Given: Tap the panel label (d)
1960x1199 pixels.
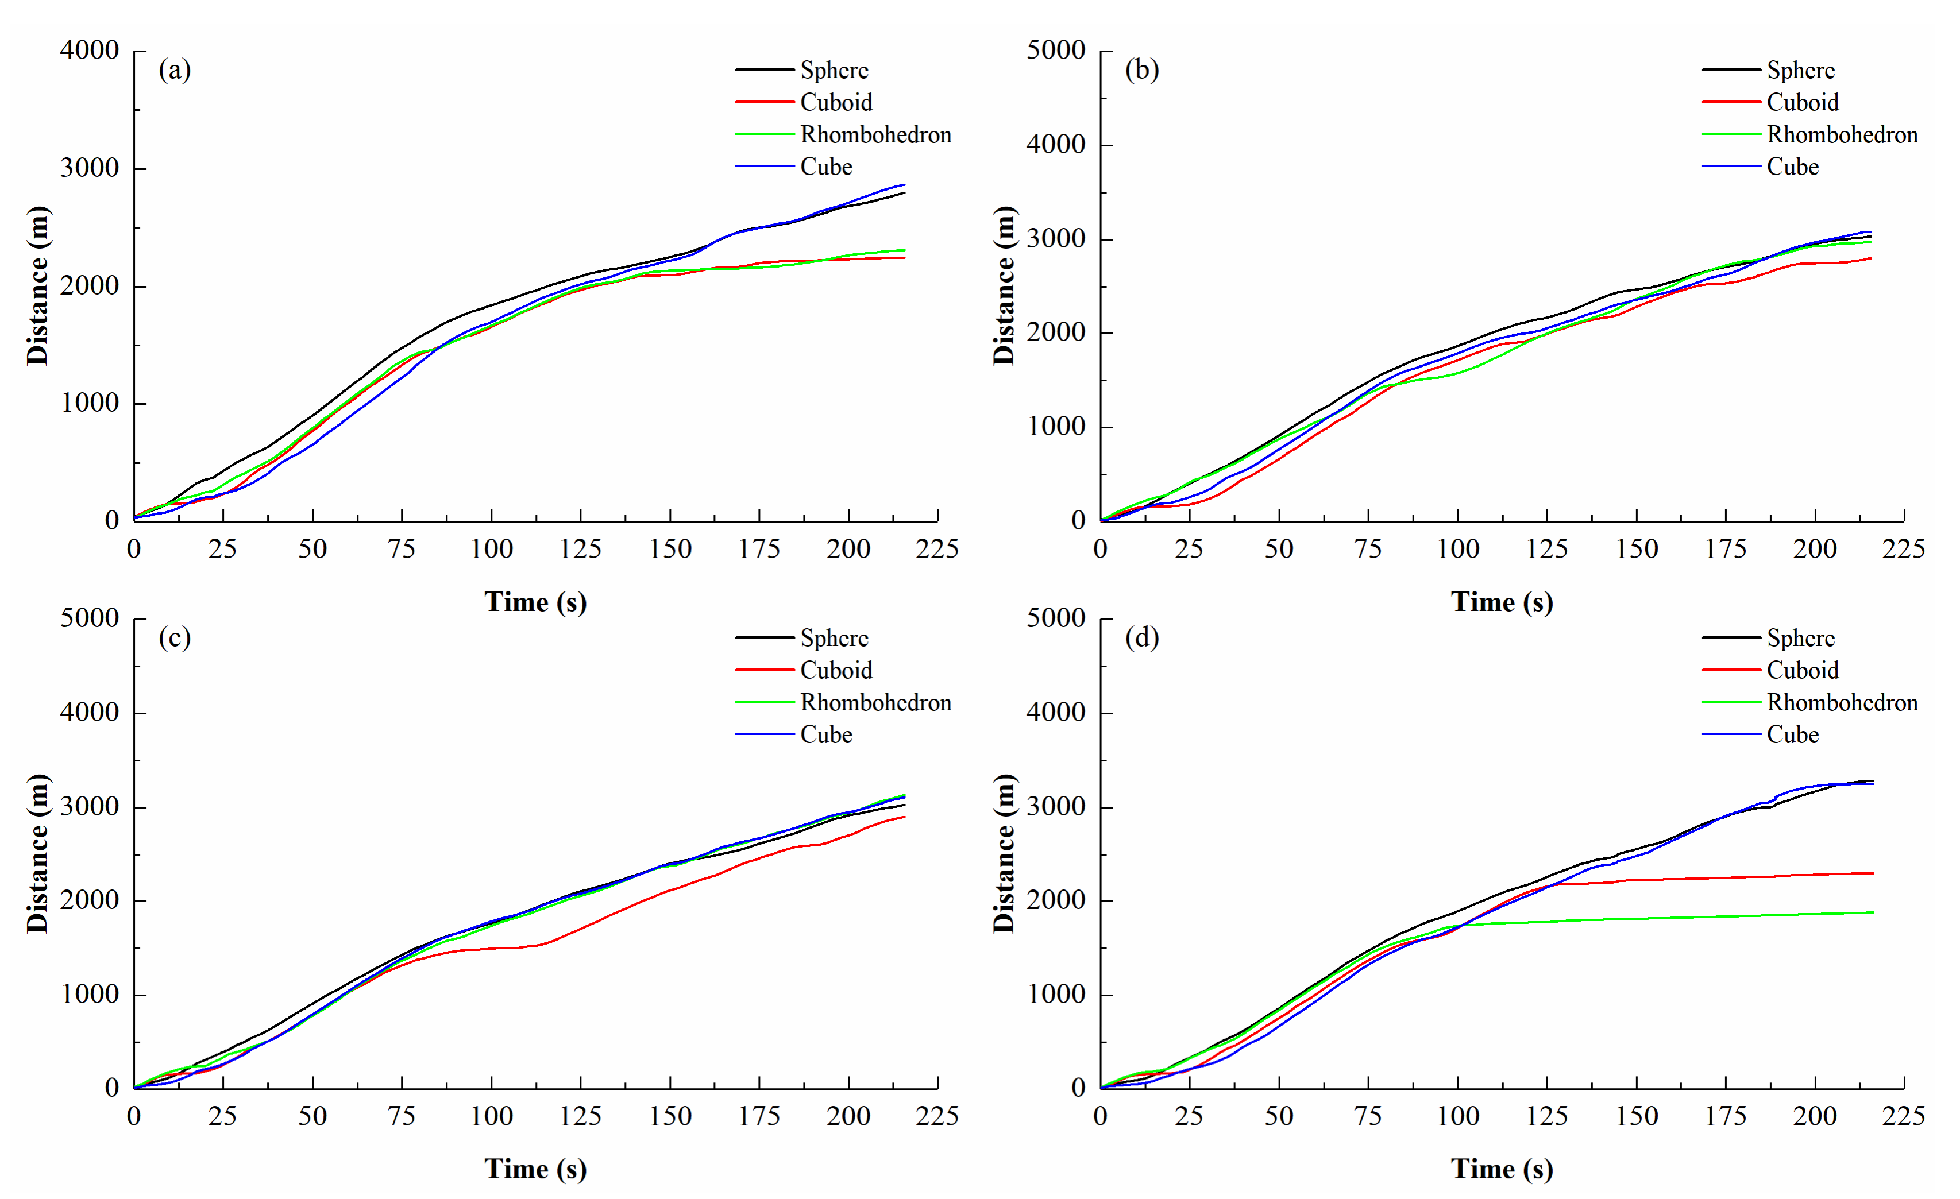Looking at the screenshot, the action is [x=1141, y=637].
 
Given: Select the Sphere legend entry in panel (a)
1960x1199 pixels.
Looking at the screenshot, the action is [x=802, y=70].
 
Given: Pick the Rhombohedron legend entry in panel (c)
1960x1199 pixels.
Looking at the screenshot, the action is [x=843, y=703].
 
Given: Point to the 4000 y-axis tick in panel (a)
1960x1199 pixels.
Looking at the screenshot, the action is [x=89, y=50].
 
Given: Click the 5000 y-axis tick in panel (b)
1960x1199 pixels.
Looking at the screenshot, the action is [x=1056, y=50].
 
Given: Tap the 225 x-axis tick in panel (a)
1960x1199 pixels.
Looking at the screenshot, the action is [x=937, y=548].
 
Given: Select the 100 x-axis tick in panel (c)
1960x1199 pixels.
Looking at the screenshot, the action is [x=491, y=1116].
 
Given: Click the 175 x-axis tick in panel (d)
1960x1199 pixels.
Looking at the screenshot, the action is [x=1726, y=1116].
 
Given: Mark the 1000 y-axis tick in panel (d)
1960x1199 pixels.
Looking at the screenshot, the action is [x=1056, y=995].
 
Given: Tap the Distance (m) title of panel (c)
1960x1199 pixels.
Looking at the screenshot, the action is [x=37, y=853].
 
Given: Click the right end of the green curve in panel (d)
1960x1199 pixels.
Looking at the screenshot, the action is [x=1873, y=912].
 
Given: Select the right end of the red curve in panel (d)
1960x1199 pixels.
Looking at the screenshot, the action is [x=1873, y=873].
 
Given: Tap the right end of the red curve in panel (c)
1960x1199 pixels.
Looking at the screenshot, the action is [x=904, y=817].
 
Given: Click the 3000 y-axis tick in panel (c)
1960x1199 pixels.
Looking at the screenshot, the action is [x=89, y=807].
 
